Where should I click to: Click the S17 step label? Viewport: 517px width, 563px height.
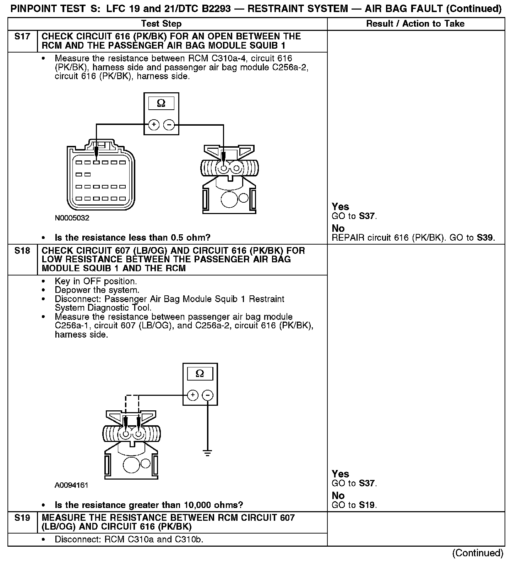[22, 37]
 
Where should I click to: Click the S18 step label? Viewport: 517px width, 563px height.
[22, 251]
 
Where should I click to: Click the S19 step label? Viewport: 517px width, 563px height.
[22, 518]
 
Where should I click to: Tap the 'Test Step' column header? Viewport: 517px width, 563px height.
[161, 24]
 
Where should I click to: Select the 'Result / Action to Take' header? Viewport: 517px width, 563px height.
[415, 24]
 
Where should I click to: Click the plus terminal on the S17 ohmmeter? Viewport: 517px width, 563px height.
[154, 125]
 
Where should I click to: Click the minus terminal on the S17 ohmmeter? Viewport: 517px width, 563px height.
[169, 125]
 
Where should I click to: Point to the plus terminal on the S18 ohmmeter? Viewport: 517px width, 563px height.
[192, 395]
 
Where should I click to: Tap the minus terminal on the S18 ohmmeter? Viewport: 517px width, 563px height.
[208, 395]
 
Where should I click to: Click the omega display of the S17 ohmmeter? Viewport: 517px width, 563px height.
[161, 103]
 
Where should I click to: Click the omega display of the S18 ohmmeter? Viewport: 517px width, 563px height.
[200, 373]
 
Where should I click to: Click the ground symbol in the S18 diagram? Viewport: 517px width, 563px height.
[208, 453]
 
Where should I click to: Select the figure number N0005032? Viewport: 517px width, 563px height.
[72, 218]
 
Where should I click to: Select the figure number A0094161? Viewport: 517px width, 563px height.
[71, 485]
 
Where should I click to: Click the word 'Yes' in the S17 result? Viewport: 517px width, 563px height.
[340, 207]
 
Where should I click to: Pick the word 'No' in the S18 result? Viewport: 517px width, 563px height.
[338, 495]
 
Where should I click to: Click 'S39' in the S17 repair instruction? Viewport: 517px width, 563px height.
[485, 237]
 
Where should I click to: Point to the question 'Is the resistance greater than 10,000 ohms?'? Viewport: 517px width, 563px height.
[149, 505]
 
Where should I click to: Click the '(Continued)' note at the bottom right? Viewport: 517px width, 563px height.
[478, 553]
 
